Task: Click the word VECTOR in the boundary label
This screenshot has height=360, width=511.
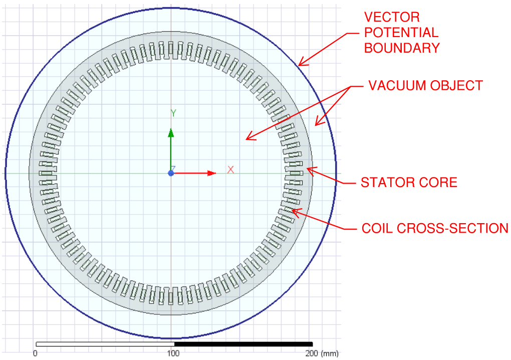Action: (x=385, y=17)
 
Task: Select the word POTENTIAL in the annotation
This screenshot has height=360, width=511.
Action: (x=401, y=33)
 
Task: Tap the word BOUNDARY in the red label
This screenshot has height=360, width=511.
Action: (x=402, y=48)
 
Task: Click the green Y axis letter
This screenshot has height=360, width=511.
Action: (x=173, y=113)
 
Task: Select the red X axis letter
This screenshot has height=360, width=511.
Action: (x=230, y=169)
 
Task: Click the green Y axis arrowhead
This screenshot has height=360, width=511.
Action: (x=171, y=133)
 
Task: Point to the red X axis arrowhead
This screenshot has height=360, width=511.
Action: (x=211, y=173)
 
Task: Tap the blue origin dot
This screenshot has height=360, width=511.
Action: (x=171, y=173)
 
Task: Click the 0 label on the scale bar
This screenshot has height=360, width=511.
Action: (x=35, y=353)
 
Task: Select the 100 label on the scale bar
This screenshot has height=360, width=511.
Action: (x=173, y=353)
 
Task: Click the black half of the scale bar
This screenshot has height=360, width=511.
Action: (x=243, y=344)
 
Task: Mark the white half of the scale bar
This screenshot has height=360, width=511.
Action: (x=105, y=344)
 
